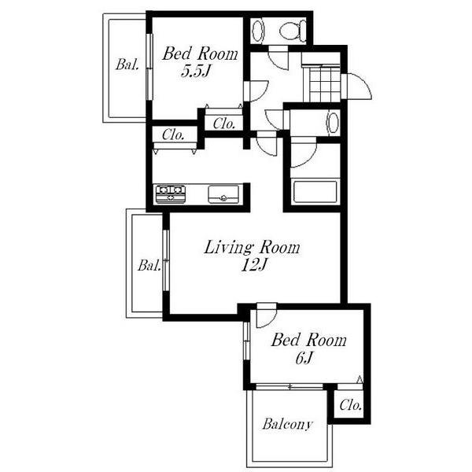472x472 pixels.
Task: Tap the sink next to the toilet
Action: click(x=258, y=31)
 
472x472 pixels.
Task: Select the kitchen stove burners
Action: click(x=171, y=194)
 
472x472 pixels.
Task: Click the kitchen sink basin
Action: click(x=223, y=194)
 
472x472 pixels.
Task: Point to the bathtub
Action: click(x=315, y=191)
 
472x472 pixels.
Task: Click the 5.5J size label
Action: click(x=195, y=72)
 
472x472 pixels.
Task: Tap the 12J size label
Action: click(x=254, y=266)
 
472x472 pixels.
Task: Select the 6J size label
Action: click(x=304, y=358)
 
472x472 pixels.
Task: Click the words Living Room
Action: click(x=252, y=248)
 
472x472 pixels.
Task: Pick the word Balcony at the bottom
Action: click(x=287, y=425)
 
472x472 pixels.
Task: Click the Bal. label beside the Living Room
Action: click(x=149, y=266)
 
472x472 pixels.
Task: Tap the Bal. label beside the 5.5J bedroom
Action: click(x=127, y=65)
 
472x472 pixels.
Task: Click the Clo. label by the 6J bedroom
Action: click(x=350, y=405)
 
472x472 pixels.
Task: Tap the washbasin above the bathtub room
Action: click(x=333, y=123)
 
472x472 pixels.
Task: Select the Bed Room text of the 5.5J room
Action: click(x=200, y=53)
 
